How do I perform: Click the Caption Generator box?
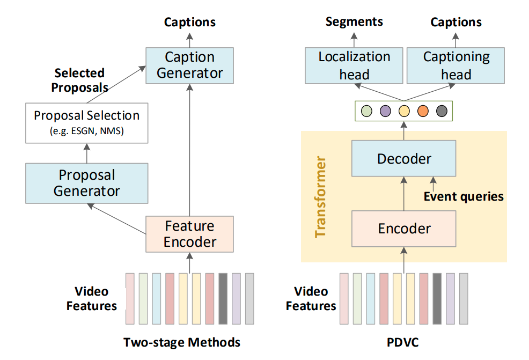189,65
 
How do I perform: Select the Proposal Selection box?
87,123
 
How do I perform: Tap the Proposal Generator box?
87,182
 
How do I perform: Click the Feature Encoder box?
189,234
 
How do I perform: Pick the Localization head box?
354,65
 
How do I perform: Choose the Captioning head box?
456,65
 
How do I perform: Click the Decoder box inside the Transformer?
404,159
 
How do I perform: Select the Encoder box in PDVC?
404,229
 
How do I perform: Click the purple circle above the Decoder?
385,111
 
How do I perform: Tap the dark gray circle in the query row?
442,111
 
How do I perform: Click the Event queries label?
464,196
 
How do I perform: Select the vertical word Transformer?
320,196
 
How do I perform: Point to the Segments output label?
354,21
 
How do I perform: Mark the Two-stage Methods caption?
182,342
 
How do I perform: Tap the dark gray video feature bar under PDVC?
437,299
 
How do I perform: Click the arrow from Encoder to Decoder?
404,194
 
